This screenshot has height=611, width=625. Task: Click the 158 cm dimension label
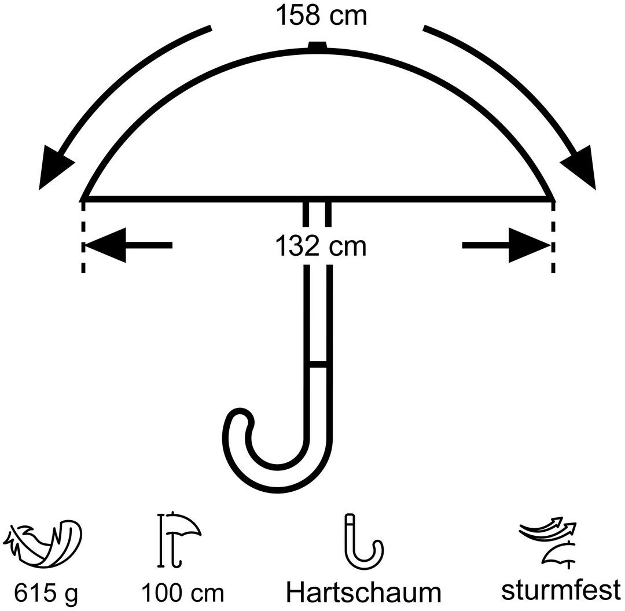[x=320, y=16]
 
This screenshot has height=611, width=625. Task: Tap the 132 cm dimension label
[x=320, y=246]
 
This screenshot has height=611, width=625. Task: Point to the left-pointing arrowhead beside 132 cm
[x=106, y=245]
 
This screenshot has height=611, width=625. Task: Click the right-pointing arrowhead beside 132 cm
[x=528, y=245]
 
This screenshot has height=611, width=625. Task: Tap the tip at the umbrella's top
[x=318, y=45]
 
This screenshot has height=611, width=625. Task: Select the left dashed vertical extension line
[x=84, y=237]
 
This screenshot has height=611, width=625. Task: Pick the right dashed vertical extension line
[x=554, y=237]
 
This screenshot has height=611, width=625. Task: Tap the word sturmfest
[x=560, y=591]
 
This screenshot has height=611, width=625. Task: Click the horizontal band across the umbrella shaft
[x=318, y=365]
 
